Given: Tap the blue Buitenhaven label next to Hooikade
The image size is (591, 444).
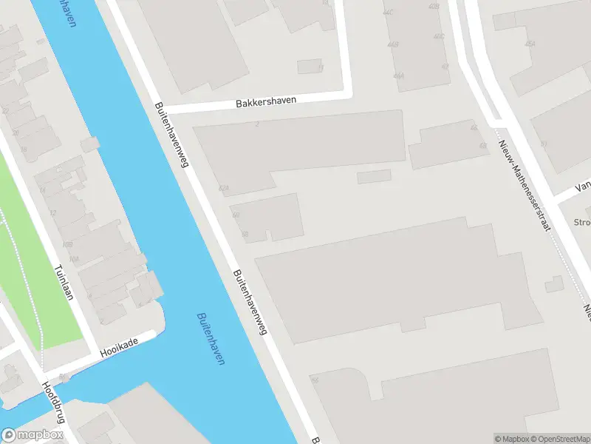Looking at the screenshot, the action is [211, 338].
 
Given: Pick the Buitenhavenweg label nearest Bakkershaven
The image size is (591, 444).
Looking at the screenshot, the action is [171, 134].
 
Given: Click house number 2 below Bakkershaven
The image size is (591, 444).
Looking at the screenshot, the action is [256, 124].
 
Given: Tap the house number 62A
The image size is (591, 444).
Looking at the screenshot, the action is [224, 189].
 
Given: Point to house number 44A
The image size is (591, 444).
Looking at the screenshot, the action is [399, 76].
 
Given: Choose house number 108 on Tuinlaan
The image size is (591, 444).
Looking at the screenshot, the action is [67, 245].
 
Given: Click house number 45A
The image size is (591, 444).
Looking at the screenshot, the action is [530, 44].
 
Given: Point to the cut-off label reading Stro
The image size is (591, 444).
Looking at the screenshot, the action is [582, 221].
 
